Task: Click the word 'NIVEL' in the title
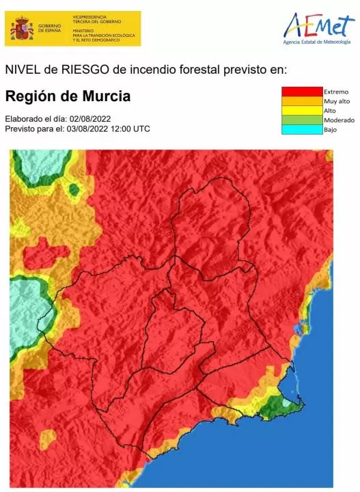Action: click(20, 70)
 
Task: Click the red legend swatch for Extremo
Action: click(302, 92)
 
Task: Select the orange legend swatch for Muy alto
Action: click(302, 101)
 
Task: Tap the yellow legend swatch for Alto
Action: click(302, 111)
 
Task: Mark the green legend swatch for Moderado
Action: click(302, 120)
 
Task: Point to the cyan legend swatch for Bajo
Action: click(302, 129)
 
